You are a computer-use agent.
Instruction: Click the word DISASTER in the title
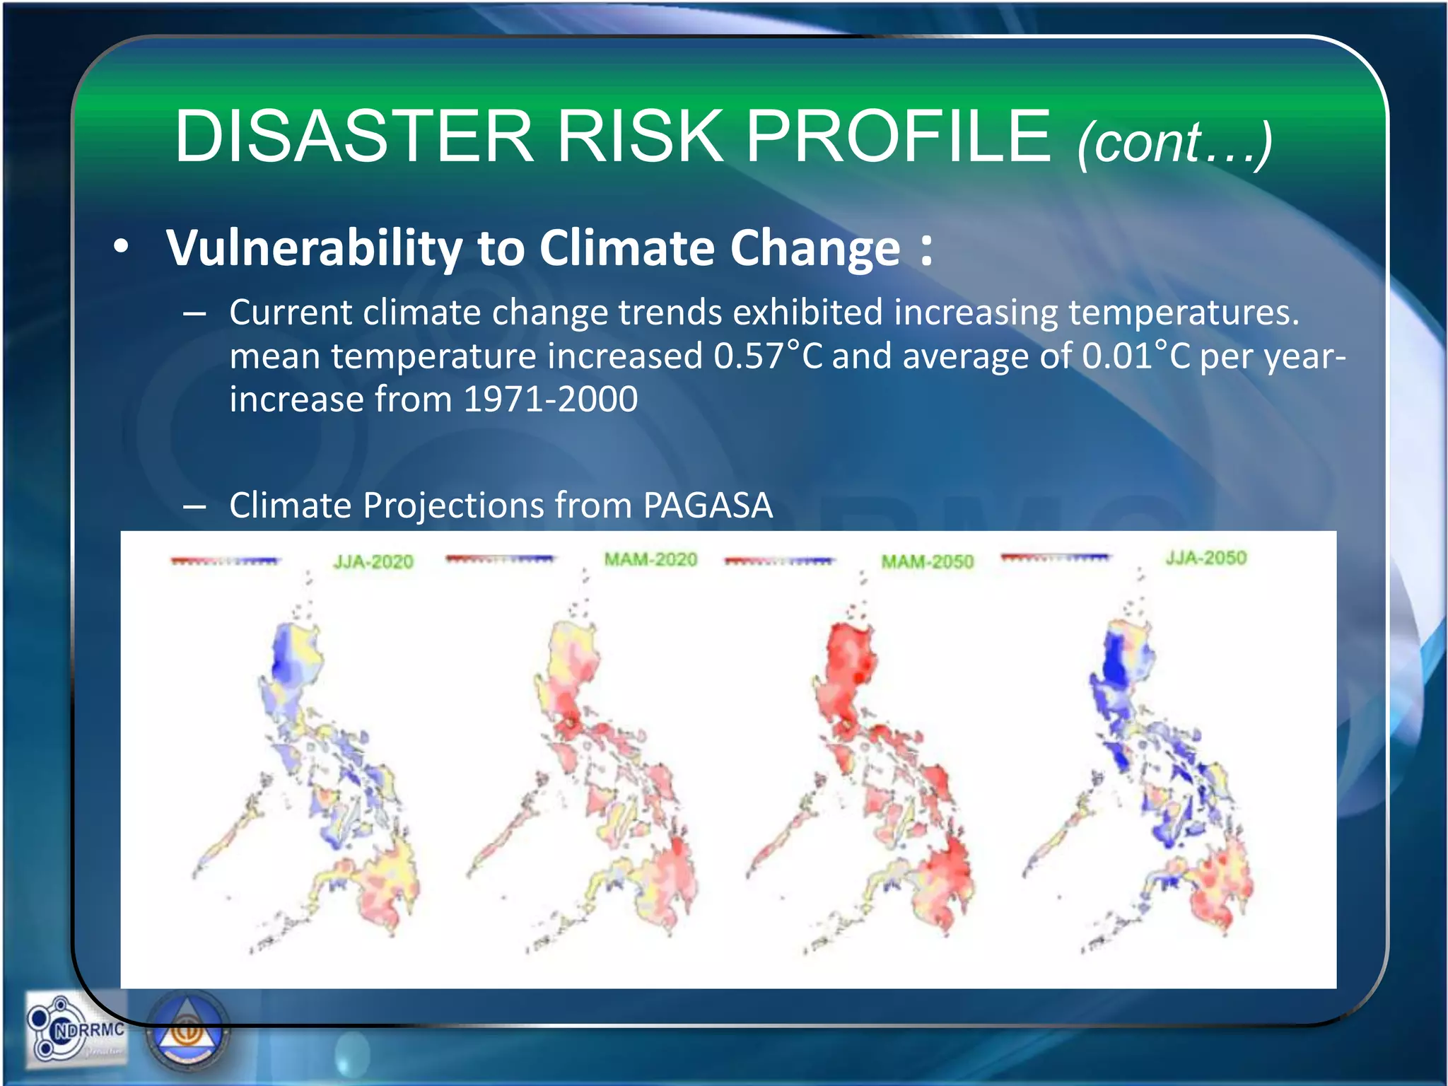[354, 136]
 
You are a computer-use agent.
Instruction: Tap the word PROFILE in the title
[898, 136]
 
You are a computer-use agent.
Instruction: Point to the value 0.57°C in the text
[768, 356]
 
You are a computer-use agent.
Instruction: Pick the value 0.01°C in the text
[1136, 356]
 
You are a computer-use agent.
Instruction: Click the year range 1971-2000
[551, 399]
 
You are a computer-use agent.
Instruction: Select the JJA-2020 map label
[373, 562]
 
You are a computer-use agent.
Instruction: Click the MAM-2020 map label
[650, 560]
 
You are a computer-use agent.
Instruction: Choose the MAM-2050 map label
[927, 562]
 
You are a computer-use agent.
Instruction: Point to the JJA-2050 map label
[1206, 558]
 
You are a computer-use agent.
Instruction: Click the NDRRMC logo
[75, 1029]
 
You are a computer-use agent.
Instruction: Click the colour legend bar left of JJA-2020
[226, 561]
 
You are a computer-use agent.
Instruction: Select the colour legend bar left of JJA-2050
[1056, 558]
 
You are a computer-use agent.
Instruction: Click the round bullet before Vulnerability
[122, 247]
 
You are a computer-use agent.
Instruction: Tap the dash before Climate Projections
[194, 506]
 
